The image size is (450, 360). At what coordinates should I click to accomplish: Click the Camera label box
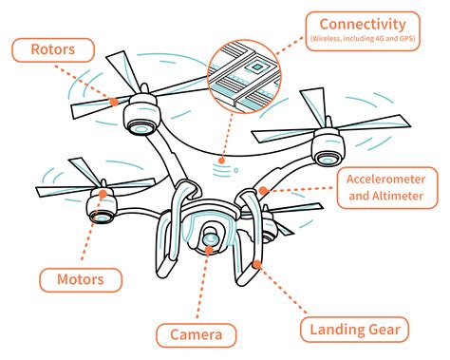[196, 333]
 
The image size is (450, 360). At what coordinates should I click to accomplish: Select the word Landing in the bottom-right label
[333, 331]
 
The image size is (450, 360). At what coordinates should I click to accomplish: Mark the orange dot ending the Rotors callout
[114, 100]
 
